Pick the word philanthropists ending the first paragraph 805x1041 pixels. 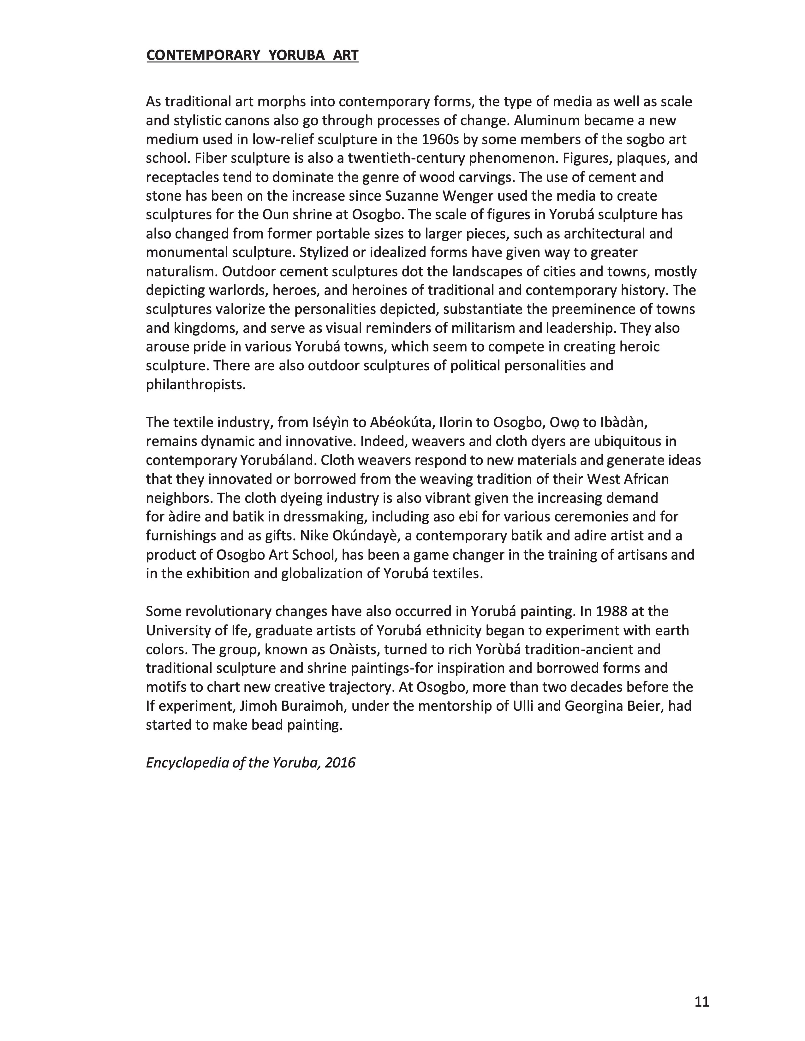pos(195,385)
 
